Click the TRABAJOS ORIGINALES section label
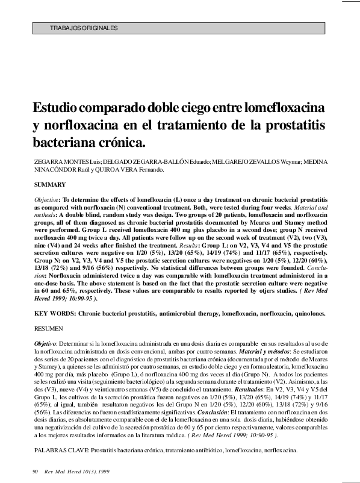click(x=84, y=28)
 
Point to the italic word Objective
click(x=46, y=199)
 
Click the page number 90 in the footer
click(x=35, y=471)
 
